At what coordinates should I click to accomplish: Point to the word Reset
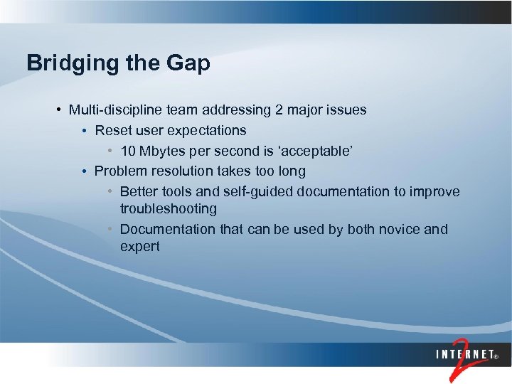click(112, 131)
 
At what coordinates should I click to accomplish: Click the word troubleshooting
click(169, 209)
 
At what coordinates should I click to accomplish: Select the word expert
click(140, 247)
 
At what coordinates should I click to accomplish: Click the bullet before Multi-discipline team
click(58, 110)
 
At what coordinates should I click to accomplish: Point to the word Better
click(139, 192)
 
